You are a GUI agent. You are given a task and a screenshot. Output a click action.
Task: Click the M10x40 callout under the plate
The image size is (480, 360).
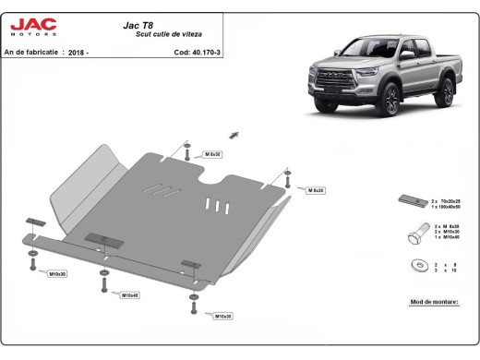coord(129,294)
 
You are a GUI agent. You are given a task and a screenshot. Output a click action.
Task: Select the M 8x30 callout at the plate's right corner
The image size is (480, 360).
coord(315,189)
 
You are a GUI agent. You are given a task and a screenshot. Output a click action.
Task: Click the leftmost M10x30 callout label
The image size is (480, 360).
coord(57,274)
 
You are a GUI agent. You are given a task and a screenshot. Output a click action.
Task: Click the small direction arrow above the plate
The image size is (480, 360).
coord(234,135)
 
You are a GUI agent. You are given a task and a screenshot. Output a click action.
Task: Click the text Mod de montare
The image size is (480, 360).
coord(432,302)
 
